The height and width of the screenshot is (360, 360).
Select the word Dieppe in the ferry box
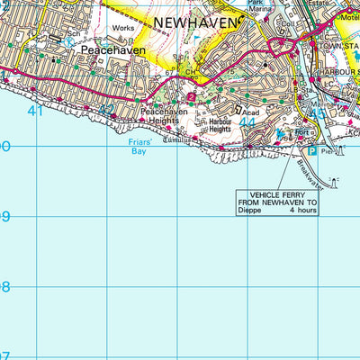[x=253, y=213]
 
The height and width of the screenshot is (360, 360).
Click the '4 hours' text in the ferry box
[x=304, y=213]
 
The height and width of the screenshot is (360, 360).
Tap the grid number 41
[x=36, y=111]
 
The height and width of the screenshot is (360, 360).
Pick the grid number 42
[x=107, y=111]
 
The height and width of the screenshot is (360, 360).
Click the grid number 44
[x=249, y=120]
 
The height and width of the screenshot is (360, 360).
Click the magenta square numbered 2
[x=191, y=96]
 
